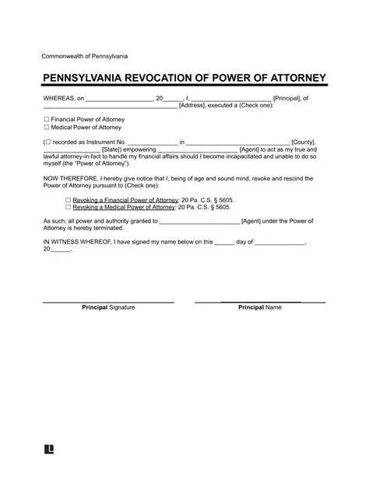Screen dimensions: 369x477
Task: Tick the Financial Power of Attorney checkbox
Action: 46,118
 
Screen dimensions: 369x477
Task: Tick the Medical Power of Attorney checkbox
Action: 46,126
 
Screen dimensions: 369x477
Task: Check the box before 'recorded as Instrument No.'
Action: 48,142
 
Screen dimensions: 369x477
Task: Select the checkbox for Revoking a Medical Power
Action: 69,208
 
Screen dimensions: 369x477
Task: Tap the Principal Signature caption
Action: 108,308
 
